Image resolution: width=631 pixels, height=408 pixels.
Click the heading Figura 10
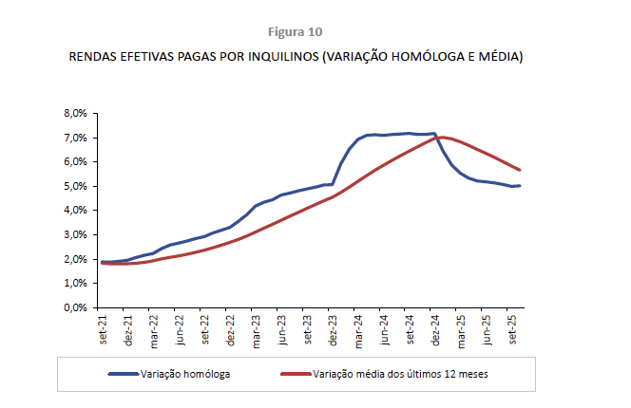click(x=296, y=31)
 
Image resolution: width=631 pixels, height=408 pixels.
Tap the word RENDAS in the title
click(x=93, y=57)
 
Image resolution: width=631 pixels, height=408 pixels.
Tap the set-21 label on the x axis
click(x=101, y=332)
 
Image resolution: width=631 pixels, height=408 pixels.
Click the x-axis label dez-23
click(x=333, y=332)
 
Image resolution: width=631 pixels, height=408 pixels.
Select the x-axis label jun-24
click(x=385, y=332)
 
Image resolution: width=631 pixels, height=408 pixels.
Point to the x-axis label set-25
click(x=513, y=332)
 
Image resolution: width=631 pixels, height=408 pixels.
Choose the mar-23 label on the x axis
click(x=256, y=332)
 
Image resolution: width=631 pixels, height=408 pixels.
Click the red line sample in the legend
click(x=296, y=374)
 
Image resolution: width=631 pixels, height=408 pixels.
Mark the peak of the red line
click(x=442, y=138)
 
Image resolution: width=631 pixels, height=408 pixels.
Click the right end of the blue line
click(x=520, y=186)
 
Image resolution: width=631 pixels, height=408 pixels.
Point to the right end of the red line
click(x=520, y=170)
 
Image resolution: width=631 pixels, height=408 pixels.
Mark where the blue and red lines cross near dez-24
click(x=437, y=139)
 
